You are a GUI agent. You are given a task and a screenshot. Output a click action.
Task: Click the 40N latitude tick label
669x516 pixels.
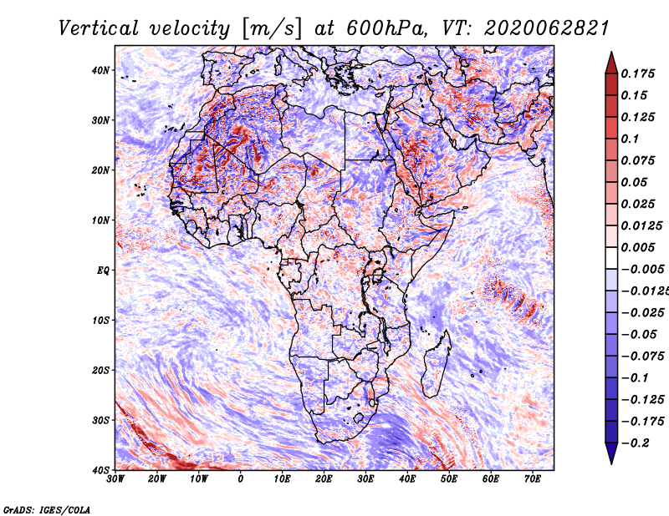tap(100, 69)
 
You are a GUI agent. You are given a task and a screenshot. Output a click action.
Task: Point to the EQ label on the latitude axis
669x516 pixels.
tap(102, 270)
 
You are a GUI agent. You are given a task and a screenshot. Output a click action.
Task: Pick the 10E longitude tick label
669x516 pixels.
tap(282, 479)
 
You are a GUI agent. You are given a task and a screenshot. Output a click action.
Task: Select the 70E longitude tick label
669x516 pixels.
tap(532, 479)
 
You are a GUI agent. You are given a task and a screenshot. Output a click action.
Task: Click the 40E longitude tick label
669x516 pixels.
tap(407, 479)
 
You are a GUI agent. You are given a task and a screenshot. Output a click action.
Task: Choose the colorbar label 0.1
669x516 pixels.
tap(631, 139)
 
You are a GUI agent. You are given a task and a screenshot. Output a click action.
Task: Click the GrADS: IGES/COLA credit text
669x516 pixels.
tap(47, 508)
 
